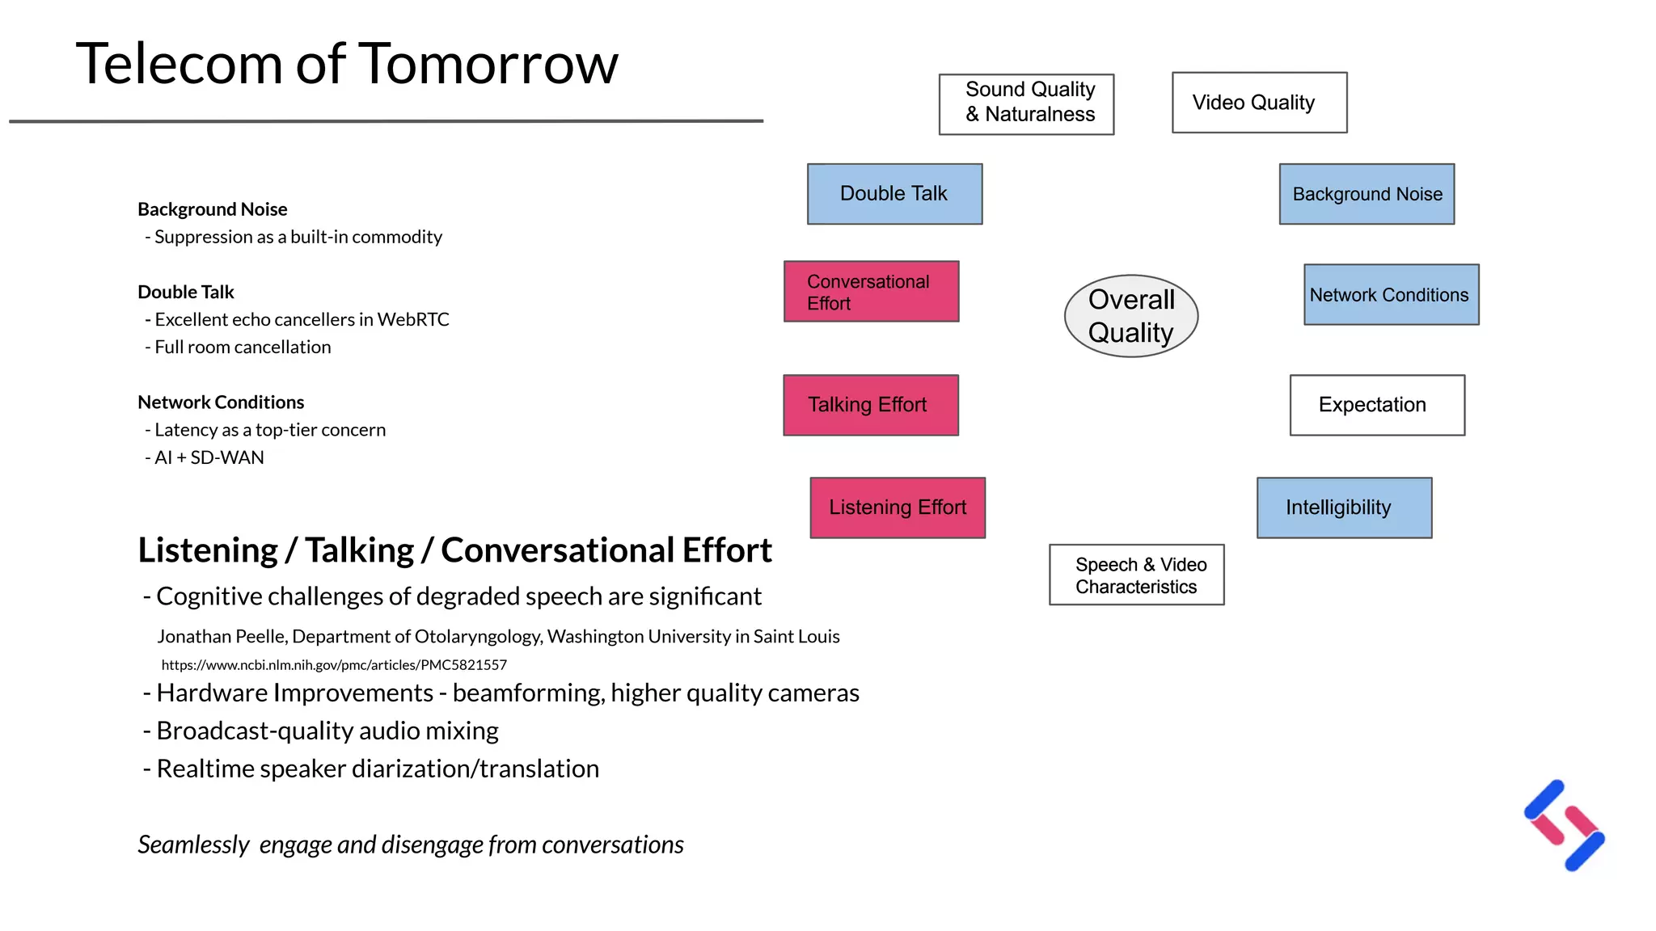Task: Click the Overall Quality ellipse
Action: coord(1130,316)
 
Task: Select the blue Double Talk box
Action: coord(894,194)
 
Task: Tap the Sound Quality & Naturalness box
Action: coord(1026,104)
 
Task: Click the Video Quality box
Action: coord(1259,103)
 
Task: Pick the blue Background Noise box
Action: coord(1367,194)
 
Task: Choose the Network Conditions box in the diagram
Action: coord(1391,295)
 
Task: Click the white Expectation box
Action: coord(1377,405)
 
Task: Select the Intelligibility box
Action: coord(1344,508)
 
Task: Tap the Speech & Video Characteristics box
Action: coord(1136,575)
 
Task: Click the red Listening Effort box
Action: coord(898,508)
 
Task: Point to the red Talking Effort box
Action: coord(871,405)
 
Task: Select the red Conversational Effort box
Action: coord(871,292)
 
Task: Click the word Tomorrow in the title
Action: coord(488,65)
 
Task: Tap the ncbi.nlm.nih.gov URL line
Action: coord(334,665)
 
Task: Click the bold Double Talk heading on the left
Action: coord(186,292)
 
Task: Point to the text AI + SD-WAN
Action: coord(209,457)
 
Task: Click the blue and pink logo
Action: coord(1565,826)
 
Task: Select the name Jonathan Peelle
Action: coord(221,637)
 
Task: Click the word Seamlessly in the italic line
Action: coord(193,845)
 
